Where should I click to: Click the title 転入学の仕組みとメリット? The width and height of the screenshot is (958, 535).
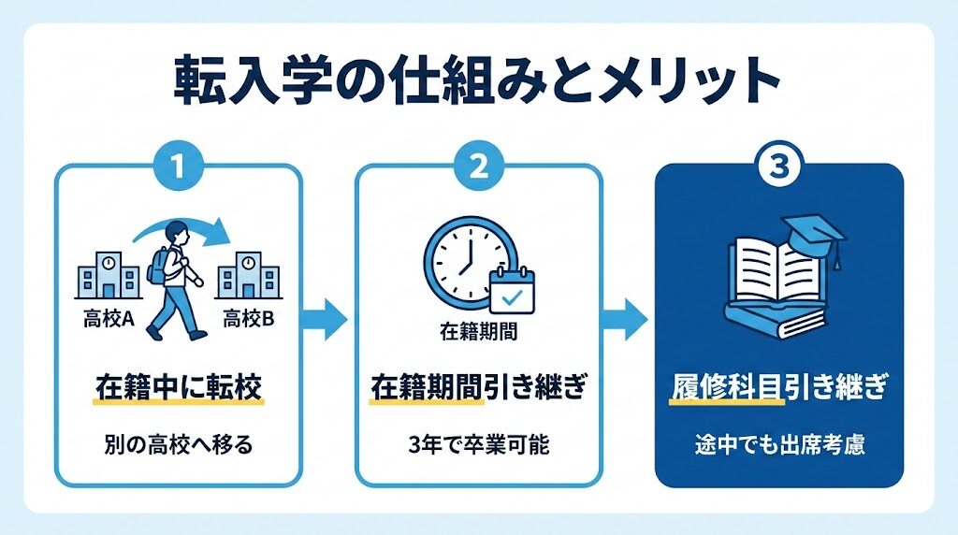pyautogui.click(x=477, y=85)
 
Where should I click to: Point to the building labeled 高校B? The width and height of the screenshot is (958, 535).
pyautogui.click(x=248, y=274)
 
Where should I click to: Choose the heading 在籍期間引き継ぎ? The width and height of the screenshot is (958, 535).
pyautogui.click(x=477, y=385)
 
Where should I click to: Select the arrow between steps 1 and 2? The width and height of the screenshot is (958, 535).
pyautogui.click(x=327, y=321)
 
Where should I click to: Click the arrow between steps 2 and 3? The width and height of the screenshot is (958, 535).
pyautogui.click(x=627, y=321)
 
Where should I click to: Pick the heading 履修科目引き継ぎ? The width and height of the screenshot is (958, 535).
pyautogui.click(x=778, y=385)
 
